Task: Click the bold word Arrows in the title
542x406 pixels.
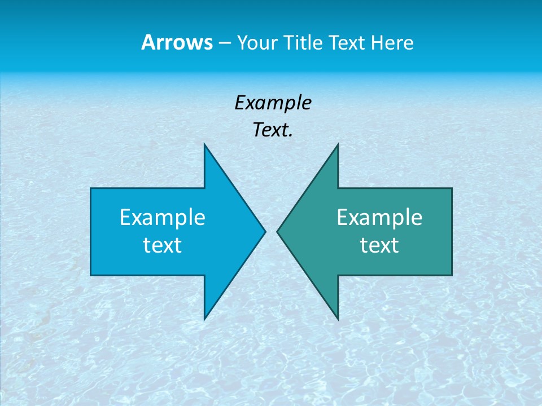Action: point(177,42)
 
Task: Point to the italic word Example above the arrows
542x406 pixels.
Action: point(273,103)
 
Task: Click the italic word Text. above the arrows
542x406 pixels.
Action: point(273,130)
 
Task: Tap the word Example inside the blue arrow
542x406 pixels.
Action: point(163,218)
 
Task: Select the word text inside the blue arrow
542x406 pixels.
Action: point(163,245)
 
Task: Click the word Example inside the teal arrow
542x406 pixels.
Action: point(379,218)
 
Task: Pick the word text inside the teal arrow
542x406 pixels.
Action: point(379,245)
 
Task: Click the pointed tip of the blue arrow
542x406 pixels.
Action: point(264,231)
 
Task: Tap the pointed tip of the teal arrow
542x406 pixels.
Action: point(278,231)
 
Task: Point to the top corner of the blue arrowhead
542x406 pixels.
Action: point(204,145)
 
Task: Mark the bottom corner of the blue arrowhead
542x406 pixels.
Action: point(204,319)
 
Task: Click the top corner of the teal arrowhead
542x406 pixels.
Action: point(338,145)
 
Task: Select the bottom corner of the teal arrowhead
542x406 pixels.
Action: point(338,319)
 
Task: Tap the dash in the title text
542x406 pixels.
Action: point(224,43)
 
